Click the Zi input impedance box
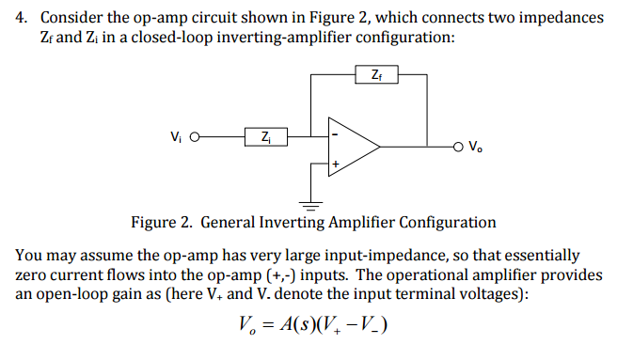click(x=266, y=137)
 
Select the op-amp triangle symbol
click(x=350, y=148)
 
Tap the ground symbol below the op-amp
click(x=311, y=202)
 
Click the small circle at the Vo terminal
click(x=457, y=147)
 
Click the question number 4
click(x=21, y=19)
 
